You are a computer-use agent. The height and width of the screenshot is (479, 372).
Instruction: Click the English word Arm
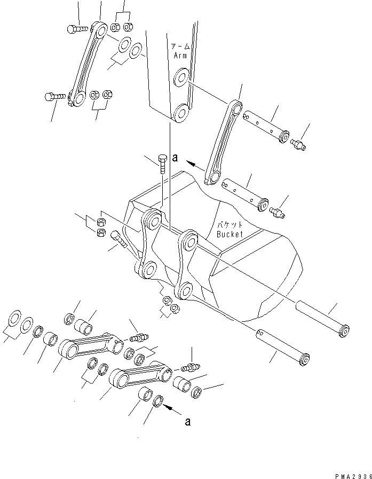click(178, 55)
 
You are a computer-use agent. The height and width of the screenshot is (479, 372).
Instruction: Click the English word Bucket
click(230, 234)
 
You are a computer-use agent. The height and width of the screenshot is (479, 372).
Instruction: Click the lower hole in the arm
click(179, 113)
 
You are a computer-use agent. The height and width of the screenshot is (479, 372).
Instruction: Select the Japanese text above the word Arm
click(179, 47)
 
